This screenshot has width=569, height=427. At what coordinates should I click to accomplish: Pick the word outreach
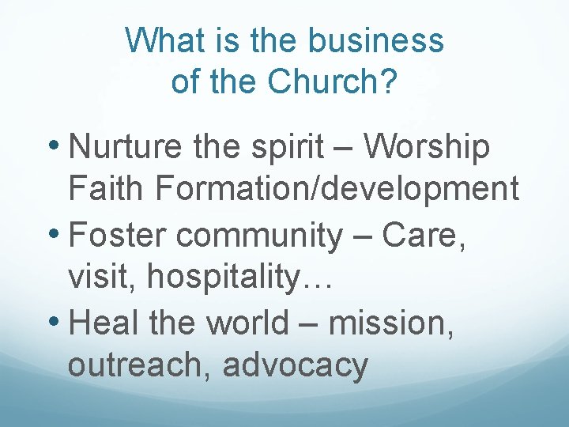(x=139, y=365)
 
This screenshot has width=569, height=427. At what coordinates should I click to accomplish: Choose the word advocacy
(x=296, y=366)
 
